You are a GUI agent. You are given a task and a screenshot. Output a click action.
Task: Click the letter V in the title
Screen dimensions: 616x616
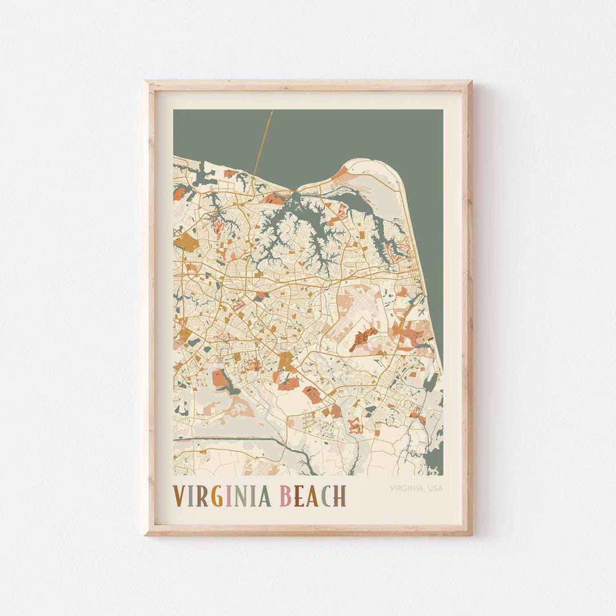pyautogui.click(x=179, y=496)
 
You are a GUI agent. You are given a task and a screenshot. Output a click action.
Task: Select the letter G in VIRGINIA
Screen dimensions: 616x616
pyautogui.click(x=217, y=496)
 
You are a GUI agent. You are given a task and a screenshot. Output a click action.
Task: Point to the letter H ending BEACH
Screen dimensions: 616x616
pyautogui.click(x=340, y=496)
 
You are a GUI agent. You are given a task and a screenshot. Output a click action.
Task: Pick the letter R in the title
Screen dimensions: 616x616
pyautogui.click(x=202, y=496)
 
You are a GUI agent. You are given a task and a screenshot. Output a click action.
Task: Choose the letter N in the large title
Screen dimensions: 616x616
pyautogui.click(x=240, y=496)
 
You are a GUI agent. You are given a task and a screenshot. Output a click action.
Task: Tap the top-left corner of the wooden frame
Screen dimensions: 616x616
pyautogui.click(x=147, y=83)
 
